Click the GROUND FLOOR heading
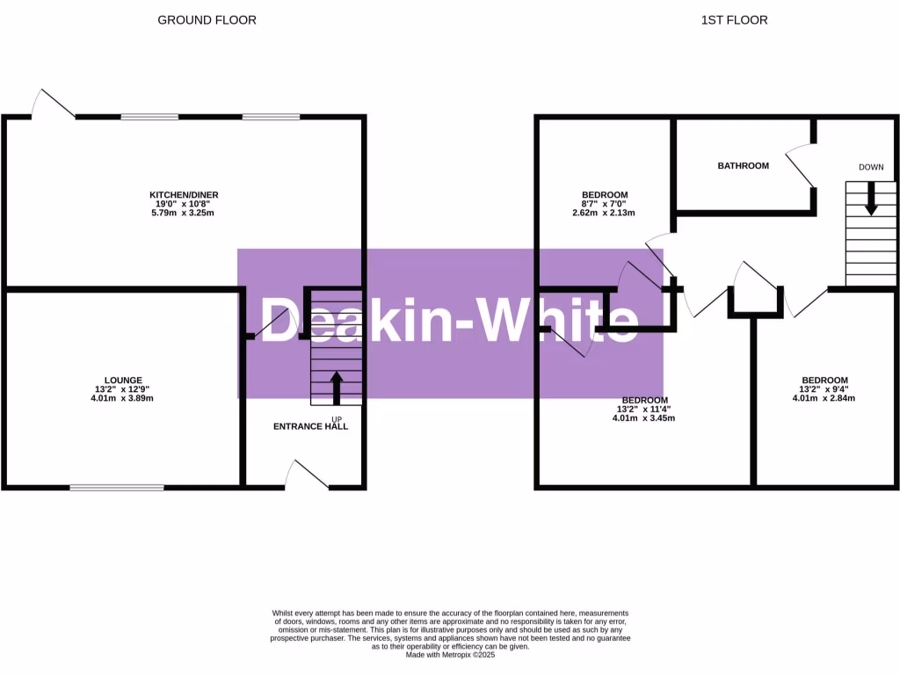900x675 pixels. (207, 19)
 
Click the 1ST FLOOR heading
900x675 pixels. (734, 19)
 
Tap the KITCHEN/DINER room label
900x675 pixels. (184, 194)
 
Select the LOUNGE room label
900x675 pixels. (122, 380)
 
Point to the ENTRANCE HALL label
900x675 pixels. (310, 426)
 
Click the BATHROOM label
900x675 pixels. (743, 165)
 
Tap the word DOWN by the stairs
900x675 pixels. (871, 167)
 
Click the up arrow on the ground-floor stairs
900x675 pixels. (336, 388)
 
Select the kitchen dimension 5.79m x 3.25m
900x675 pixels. (184, 214)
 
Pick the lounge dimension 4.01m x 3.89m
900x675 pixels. (122, 398)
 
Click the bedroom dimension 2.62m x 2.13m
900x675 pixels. (604, 213)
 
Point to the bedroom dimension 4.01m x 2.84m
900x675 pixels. (824, 398)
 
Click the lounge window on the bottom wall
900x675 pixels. (117, 486)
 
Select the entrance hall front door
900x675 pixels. (308, 475)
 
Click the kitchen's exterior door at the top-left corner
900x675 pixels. (53, 104)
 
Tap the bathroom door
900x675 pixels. (801, 164)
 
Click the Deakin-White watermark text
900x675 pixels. (449, 322)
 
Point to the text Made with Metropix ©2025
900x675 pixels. (449, 654)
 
